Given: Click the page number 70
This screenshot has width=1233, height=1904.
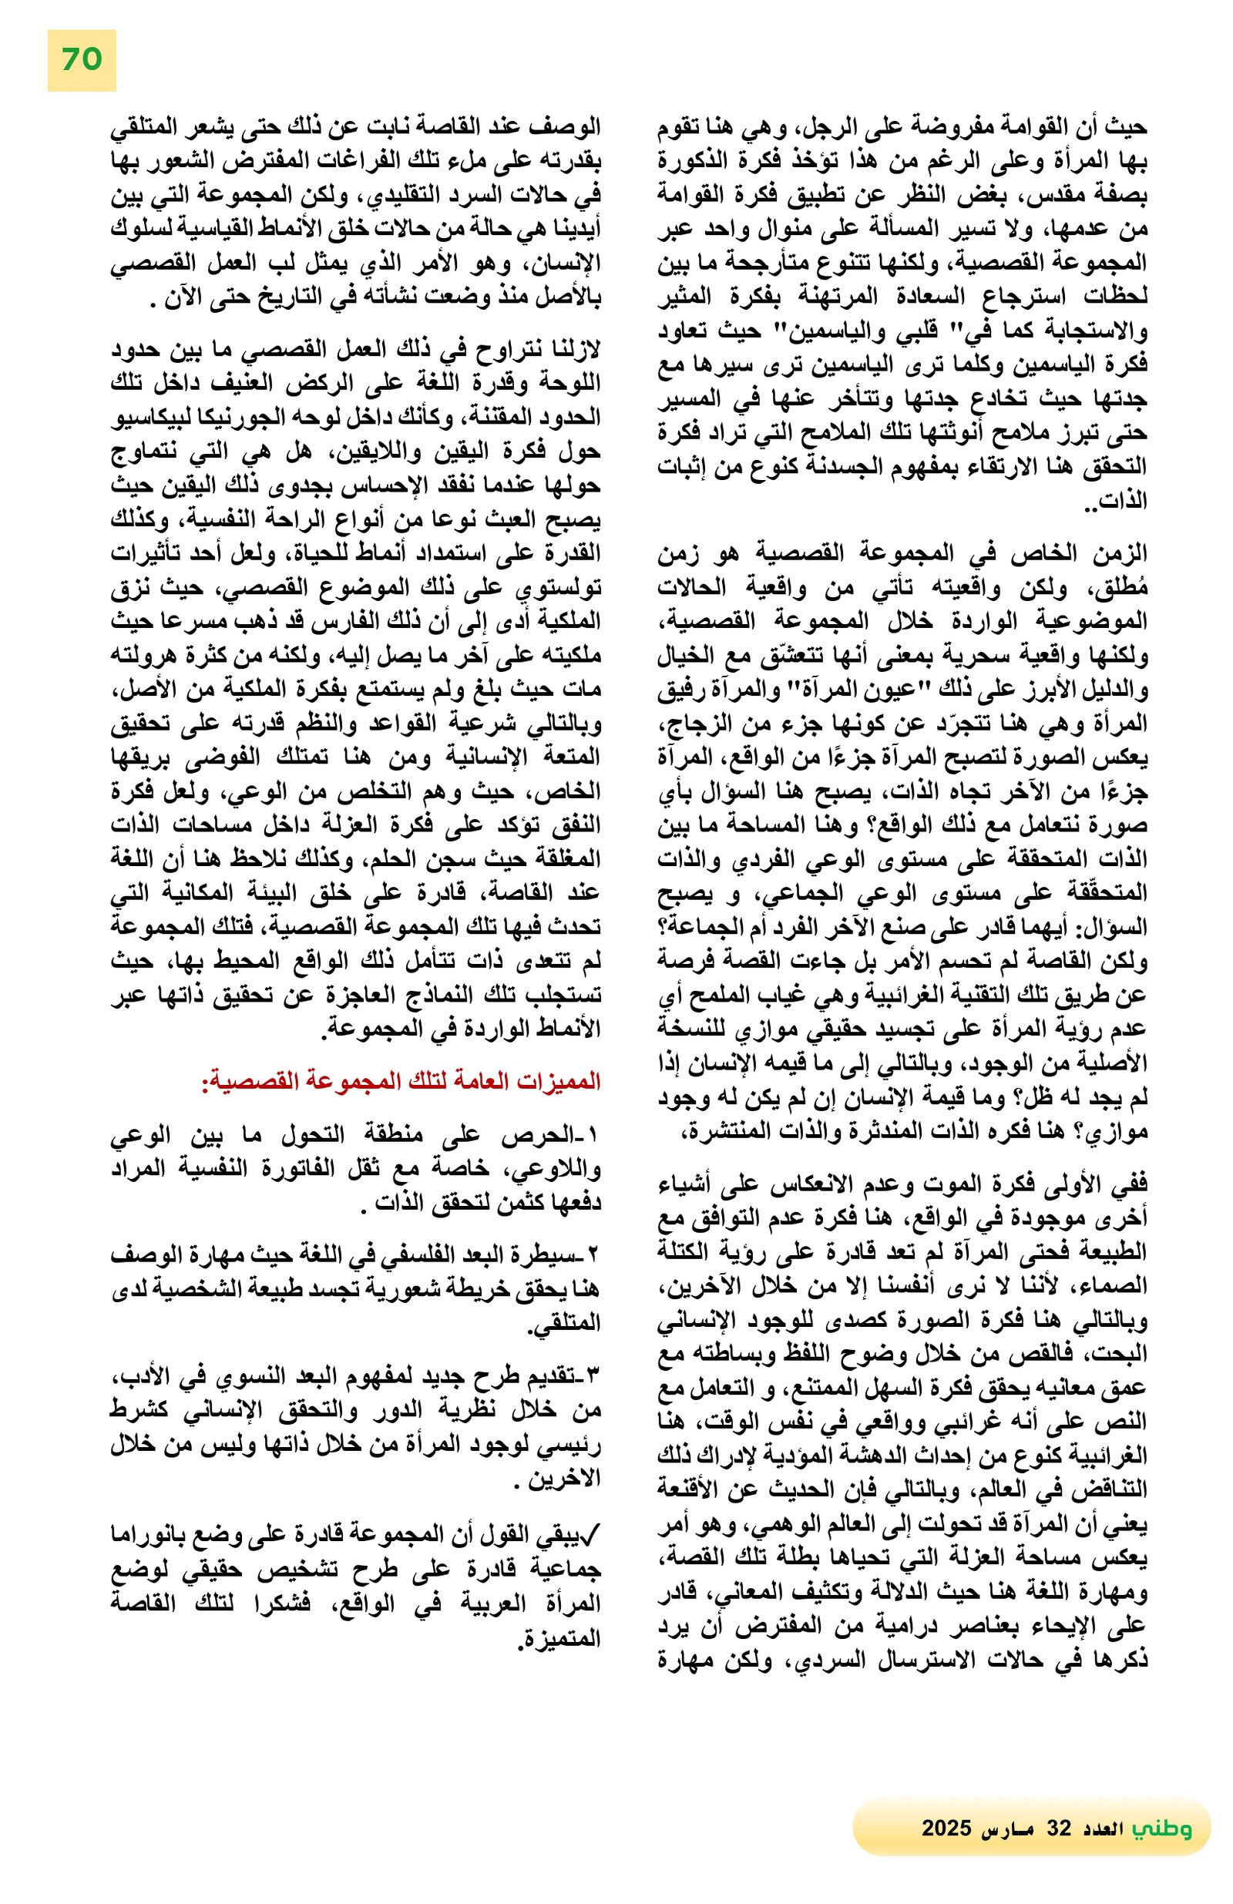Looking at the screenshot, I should [82, 60].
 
